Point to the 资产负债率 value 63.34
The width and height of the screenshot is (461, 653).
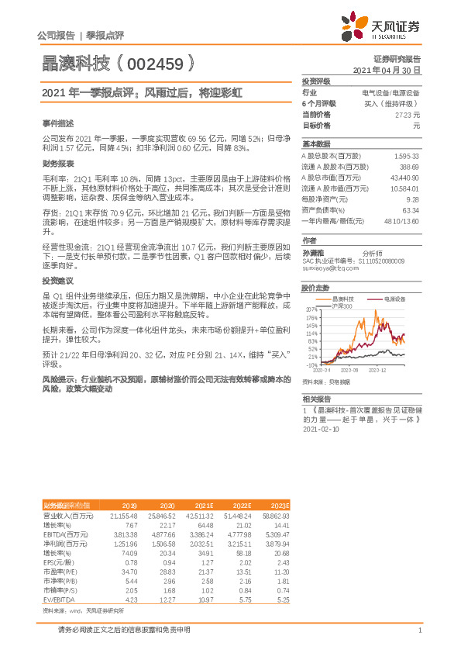pyautogui.click(x=411, y=209)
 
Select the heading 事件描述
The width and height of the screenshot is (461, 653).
pyautogui.click(x=59, y=123)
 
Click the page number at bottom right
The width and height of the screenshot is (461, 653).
pyautogui.click(x=419, y=631)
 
